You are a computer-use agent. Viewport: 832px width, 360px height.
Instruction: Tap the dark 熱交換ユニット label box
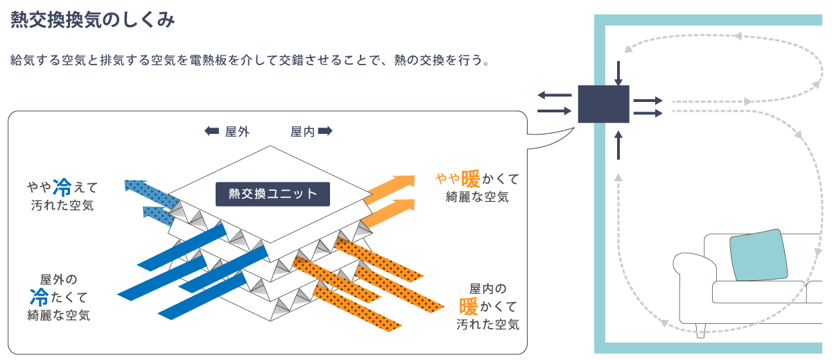[272, 194]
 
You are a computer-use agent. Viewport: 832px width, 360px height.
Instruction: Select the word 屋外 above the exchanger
[237, 131]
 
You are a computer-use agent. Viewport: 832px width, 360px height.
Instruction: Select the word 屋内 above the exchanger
[302, 131]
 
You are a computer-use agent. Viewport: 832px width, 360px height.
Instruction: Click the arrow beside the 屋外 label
[211, 131]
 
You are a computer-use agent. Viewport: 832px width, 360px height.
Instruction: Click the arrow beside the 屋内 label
[325, 131]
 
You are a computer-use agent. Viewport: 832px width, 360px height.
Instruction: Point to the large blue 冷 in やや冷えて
[62, 186]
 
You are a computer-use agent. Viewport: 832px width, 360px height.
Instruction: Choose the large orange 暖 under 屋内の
[469, 306]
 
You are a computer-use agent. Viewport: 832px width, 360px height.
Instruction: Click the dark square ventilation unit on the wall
[603, 105]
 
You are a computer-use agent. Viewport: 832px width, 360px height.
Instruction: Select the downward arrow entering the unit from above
[618, 72]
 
